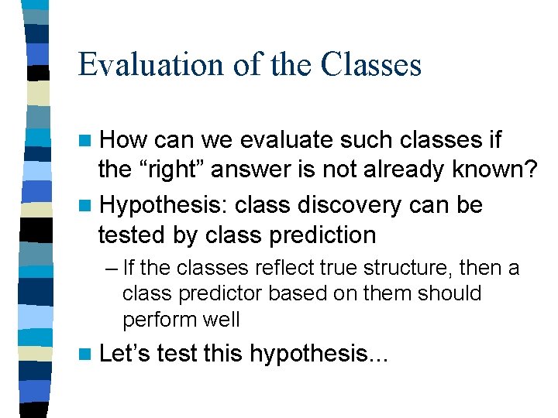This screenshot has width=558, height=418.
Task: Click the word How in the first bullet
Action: coord(124,140)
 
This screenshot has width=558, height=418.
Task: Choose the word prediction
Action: coord(319,234)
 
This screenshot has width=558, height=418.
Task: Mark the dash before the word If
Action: coord(112,269)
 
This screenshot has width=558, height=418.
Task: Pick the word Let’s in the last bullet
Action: coord(126,354)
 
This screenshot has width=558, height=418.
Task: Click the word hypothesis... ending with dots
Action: coord(322,355)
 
